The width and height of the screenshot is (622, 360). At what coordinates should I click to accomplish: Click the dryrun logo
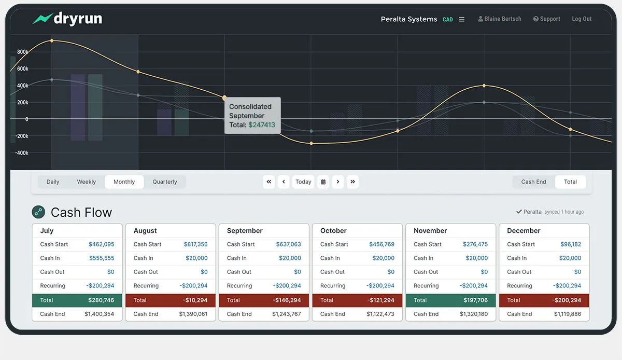click(x=67, y=19)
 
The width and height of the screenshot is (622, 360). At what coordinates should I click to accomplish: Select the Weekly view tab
click(x=86, y=182)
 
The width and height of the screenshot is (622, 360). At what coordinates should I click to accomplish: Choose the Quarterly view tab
click(x=164, y=182)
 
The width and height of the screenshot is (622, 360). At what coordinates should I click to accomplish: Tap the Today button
click(x=303, y=182)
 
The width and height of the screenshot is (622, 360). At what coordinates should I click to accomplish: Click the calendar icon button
click(x=323, y=182)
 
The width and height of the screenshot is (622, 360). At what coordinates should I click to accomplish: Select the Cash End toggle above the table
click(x=533, y=182)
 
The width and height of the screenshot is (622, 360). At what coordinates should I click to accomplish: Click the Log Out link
click(x=582, y=19)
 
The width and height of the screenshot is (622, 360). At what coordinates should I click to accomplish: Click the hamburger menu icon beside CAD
click(x=462, y=20)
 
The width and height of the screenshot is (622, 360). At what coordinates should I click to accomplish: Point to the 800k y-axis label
click(x=22, y=52)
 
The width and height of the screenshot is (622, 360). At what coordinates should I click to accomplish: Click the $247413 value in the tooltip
click(x=262, y=125)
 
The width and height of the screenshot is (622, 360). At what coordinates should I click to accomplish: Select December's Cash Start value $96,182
click(x=570, y=244)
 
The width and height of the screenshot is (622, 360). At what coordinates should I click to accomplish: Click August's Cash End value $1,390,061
click(x=193, y=314)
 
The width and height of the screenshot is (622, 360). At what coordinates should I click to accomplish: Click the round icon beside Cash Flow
click(x=38, y=212)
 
